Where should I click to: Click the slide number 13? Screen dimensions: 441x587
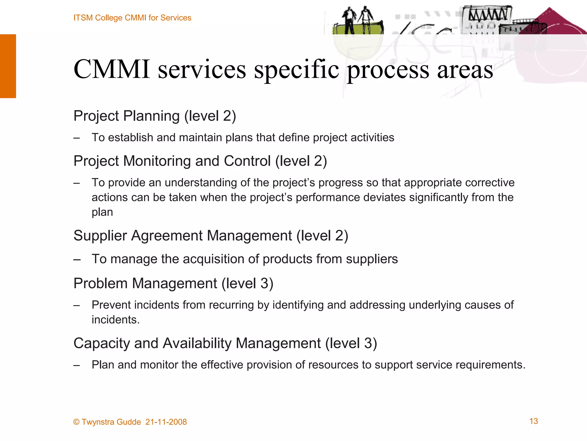[533, 421]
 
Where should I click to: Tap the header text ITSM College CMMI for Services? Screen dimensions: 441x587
[132, 18]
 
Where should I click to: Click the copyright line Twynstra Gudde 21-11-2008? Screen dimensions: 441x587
[130, 422]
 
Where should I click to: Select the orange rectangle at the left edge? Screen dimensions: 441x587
[8, 66]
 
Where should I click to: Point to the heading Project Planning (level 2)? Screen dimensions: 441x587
[154, 116]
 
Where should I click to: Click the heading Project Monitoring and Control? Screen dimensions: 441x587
[200, 161]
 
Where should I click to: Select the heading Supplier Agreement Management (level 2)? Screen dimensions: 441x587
[211, 236]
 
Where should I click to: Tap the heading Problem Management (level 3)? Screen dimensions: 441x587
[173, 283]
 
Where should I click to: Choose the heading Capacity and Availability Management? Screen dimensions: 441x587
[225, 343]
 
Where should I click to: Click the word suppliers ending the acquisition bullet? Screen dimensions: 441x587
[372, 259]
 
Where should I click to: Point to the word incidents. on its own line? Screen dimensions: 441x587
[116, 320]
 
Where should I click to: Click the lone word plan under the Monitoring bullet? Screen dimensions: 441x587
[102, 212]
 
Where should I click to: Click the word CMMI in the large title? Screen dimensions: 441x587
[112, 69]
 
